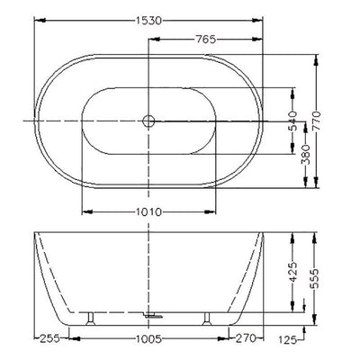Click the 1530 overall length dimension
148,21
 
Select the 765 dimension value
205,40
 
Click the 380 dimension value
306,155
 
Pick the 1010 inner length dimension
148,212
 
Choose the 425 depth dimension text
292,273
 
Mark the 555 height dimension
315,278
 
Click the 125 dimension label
287,339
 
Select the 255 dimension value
49,338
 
